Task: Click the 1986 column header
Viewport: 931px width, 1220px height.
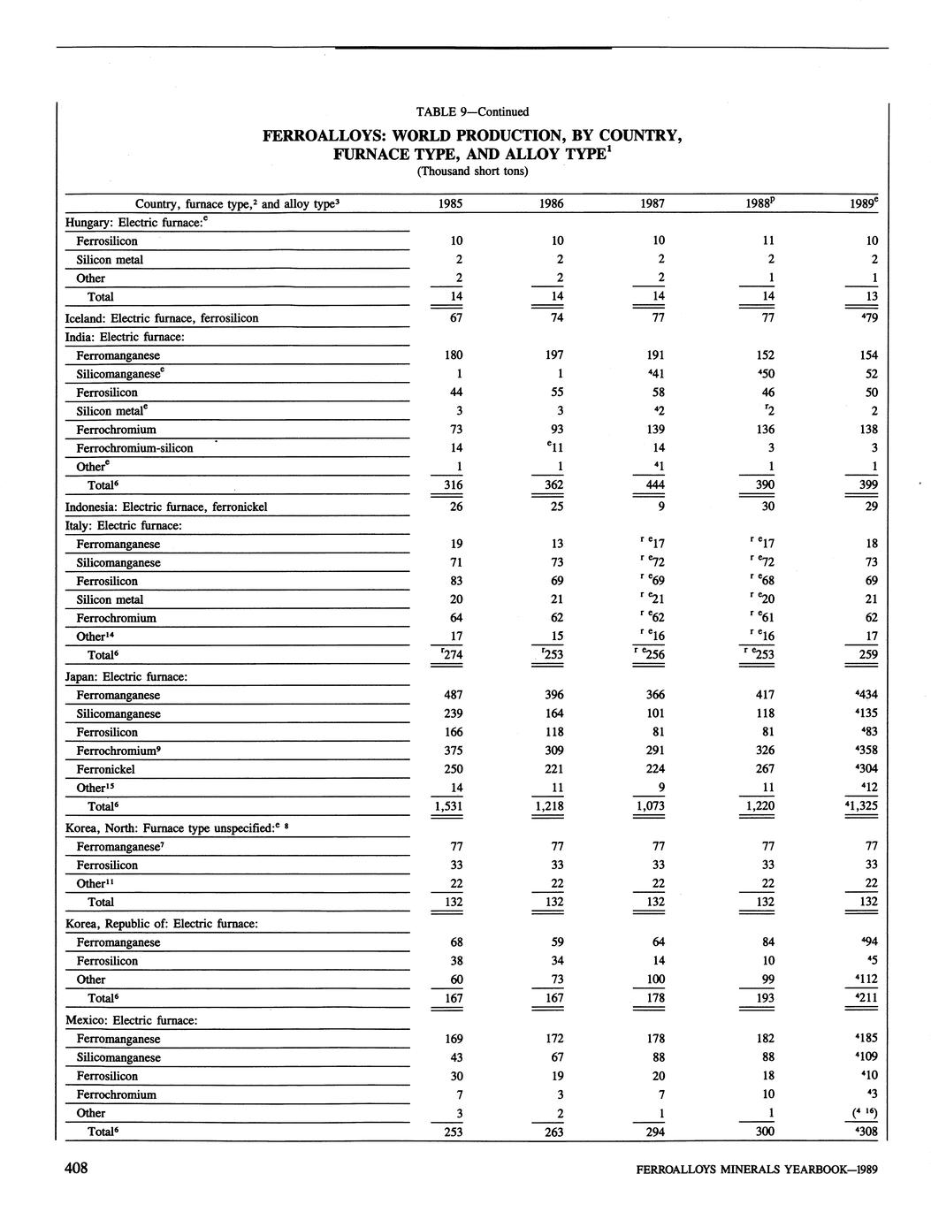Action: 552,204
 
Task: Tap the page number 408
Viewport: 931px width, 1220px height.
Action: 76,1169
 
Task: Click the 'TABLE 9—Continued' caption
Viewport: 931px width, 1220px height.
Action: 472,111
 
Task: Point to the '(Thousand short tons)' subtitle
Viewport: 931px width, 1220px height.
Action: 472,172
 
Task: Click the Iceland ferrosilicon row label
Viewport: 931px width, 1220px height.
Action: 162,318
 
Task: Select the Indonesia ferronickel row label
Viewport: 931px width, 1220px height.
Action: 166,507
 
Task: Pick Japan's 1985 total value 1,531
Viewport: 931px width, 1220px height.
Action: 451,806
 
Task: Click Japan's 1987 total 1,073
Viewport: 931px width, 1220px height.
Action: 652,806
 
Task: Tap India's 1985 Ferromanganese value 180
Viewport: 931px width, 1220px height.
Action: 453,355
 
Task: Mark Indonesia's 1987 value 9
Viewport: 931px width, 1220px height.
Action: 661,507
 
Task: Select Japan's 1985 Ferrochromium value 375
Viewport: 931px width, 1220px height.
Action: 454,751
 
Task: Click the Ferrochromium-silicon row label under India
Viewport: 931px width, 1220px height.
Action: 134,448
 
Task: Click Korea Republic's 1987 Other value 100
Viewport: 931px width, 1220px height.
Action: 655,980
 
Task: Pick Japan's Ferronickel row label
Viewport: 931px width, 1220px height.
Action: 105,769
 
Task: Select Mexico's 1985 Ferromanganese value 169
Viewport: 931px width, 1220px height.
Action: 454,1039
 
